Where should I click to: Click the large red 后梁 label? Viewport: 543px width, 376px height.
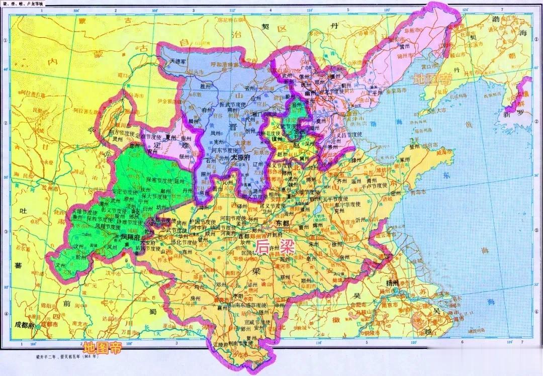pos(269,246)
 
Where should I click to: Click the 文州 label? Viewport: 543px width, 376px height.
pos(61,264)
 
